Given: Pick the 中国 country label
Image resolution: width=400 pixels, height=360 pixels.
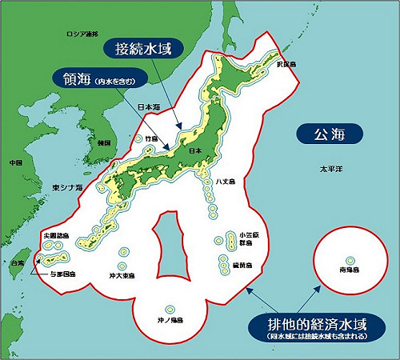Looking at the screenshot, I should tap(15, 162).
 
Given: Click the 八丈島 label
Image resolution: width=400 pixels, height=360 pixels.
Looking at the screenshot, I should tap(225, 182).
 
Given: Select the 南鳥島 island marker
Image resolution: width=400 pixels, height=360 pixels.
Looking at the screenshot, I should tap(350, 259).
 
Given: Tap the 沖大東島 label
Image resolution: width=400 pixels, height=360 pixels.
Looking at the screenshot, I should tap(122, 275).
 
